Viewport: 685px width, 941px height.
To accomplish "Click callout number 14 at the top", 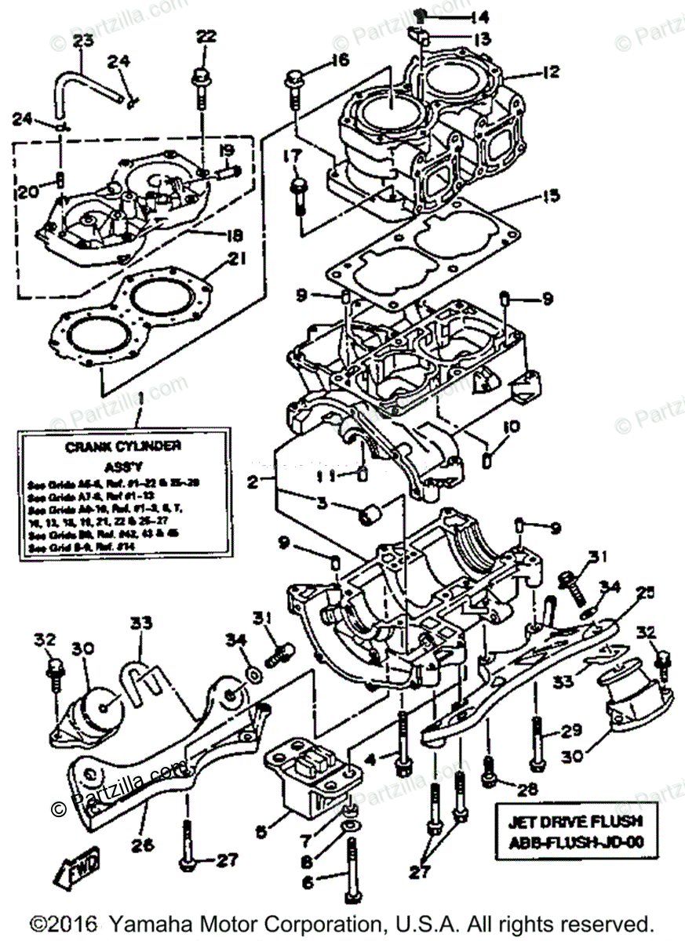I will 479,16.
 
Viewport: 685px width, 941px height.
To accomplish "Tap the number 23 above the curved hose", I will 83,41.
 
